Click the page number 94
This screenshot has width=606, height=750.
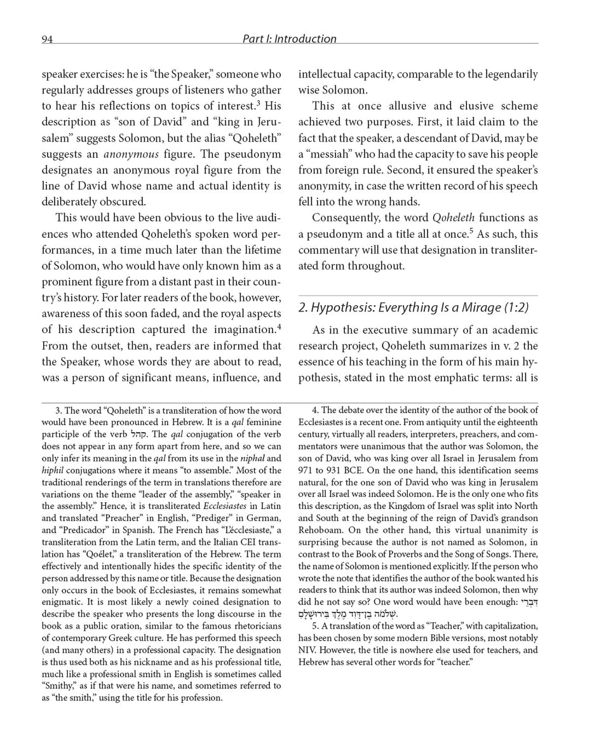click(x=48, y=39)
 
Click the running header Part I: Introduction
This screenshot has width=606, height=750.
click(x=289, y=39)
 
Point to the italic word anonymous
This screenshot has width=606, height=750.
click(x=131, y=154)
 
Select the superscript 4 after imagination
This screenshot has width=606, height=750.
click(x=279, y=327)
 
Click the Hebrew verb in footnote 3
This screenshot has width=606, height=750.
click(x=139, y=435)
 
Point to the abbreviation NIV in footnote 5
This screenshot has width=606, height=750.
click(x=308, y=650)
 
